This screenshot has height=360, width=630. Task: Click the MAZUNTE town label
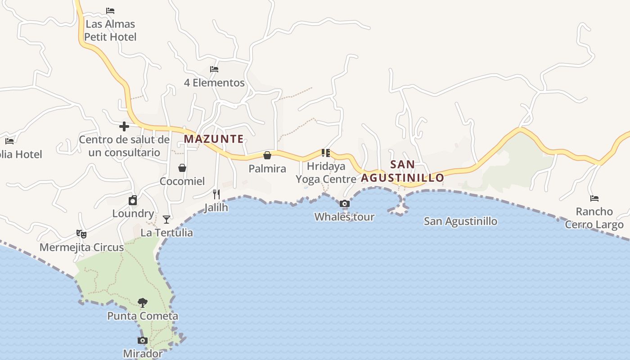[x=214, y=139]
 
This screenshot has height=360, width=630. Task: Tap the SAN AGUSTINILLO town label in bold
[x=403, y=171]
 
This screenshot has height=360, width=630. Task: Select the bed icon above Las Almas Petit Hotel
[x=110, y=11]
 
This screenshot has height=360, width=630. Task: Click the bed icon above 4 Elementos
[x=214, y=69]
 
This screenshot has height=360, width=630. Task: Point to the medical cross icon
[x=124, y=126]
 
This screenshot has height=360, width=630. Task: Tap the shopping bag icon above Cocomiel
[x=182, y=168]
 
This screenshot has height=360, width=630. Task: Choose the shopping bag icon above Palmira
[x=267, y=155]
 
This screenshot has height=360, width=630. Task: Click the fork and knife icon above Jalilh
[x=216, y=194]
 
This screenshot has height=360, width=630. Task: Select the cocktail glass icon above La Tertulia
[x=166, y=220]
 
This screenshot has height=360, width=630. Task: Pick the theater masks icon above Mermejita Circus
[x=81, y=234]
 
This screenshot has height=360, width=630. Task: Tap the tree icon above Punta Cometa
[x=143, y=302]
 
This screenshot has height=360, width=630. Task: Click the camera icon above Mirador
[x=142, y=341]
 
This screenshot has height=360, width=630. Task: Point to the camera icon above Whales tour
[x=344, y=204]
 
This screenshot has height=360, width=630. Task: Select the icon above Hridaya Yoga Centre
[x=326, y=153]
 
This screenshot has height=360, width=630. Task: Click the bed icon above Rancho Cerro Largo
[x=594, y=198]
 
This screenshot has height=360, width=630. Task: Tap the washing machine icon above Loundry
[x=133, y=200]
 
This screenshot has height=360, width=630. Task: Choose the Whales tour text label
[x=344, y=217]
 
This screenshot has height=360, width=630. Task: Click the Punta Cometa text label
[x=143, y=316]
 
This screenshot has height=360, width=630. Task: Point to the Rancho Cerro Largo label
[x=594, y=218]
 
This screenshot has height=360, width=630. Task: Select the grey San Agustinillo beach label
[x=461, y=221]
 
